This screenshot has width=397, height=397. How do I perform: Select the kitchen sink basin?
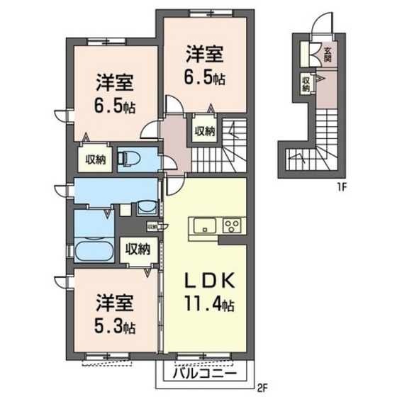point(204,227)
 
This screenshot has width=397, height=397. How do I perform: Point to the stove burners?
point(231,227)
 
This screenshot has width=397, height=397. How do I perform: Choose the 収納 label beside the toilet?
point(96,160)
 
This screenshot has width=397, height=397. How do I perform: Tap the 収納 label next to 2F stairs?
point(205,130)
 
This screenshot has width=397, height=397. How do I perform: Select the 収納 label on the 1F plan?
point(306,84)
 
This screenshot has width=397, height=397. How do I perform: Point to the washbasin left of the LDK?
point(147,207)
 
